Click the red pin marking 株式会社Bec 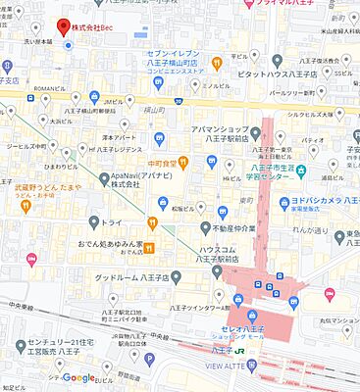(64, 25)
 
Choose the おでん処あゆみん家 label (111, 245)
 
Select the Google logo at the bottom (79, 378)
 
